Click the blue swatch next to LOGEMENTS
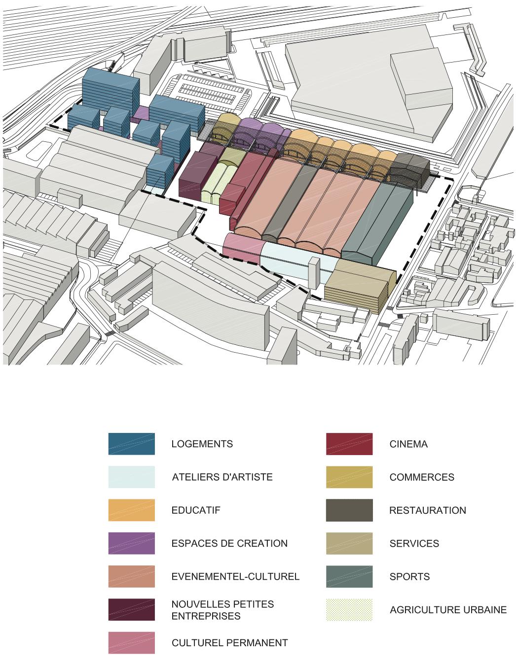pos(131,444)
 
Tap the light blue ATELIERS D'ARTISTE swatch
pos(131,477)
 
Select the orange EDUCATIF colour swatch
pos(131,510)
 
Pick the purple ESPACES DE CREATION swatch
pos(131,543)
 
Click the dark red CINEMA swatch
pos(349,444)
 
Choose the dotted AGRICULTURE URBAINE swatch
pos(349,610)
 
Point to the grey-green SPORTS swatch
pos(349,577)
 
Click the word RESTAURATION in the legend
pos(427,510)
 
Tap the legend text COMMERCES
pos(421,477)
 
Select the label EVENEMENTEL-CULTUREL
pos(235,577)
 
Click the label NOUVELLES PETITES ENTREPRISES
pos(222,610)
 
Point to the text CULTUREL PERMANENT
pos(229,643)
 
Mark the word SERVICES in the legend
pos(414,544)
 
